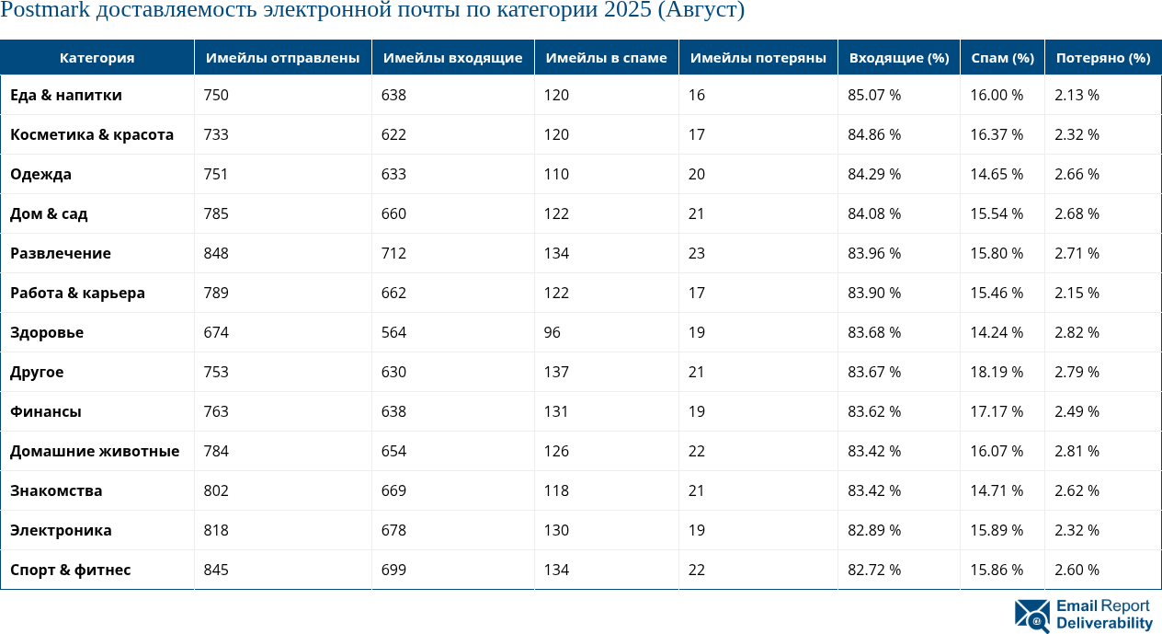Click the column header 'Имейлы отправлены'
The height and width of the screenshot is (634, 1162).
[282, 58]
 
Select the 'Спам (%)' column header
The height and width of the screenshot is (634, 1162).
[1002, 58]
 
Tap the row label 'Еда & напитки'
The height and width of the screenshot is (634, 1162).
[66, 95]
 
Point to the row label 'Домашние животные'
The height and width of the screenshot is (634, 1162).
[95, 451]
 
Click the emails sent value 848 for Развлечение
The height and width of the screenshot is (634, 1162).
[216, 253]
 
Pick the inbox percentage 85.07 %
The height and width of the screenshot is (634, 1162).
[874, 95]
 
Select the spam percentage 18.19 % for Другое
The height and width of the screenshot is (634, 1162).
[997, 372]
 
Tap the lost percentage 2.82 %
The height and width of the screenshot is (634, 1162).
[1077, 332]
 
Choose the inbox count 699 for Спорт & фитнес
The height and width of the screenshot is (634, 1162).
[394, 570]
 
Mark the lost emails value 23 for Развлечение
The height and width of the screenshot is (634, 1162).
[697, 253]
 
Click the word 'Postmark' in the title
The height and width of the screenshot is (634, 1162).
[40, 11]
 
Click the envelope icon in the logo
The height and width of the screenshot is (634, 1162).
[1031, 616]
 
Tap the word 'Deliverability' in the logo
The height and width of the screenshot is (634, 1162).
[1104, 624]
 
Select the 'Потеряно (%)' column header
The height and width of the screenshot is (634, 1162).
[1103, 58]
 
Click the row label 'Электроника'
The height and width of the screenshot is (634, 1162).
[61, 530]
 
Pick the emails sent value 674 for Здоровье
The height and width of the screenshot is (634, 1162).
[216, 332]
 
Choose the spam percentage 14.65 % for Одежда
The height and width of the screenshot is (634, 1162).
[997, 174]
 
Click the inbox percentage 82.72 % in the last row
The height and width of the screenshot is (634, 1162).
[874, 570]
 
